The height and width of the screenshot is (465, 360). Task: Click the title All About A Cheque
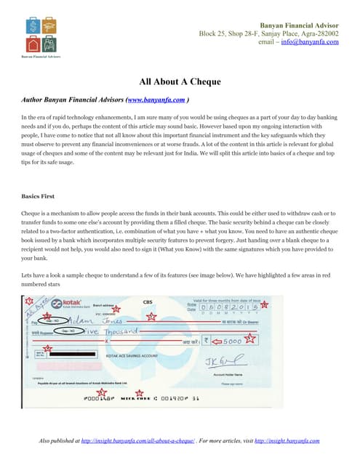point(180,81)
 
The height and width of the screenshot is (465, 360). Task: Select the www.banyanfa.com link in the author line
point(155,100)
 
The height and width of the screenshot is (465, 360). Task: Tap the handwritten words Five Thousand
point(109,331)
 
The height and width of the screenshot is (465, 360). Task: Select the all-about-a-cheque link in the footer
point(138,441)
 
